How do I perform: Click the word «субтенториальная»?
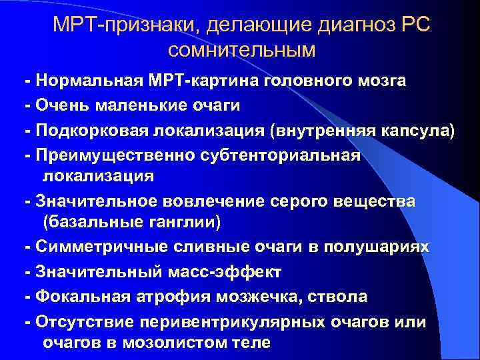(x=272, y=155)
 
